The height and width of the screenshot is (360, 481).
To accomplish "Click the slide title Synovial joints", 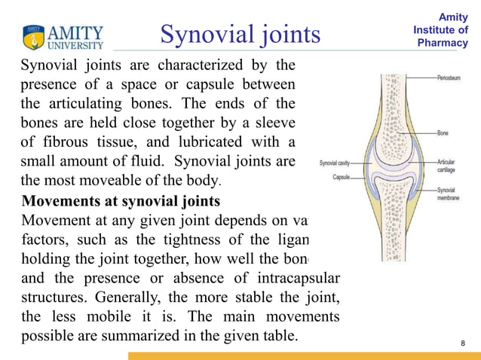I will pos(240,34).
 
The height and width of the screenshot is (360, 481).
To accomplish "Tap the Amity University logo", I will pos(63,36).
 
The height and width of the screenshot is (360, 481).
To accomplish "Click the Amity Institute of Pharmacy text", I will pos(442,29).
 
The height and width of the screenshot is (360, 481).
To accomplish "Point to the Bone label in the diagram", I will pos(443,133).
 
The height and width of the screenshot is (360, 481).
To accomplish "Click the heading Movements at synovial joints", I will pos(121,201).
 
